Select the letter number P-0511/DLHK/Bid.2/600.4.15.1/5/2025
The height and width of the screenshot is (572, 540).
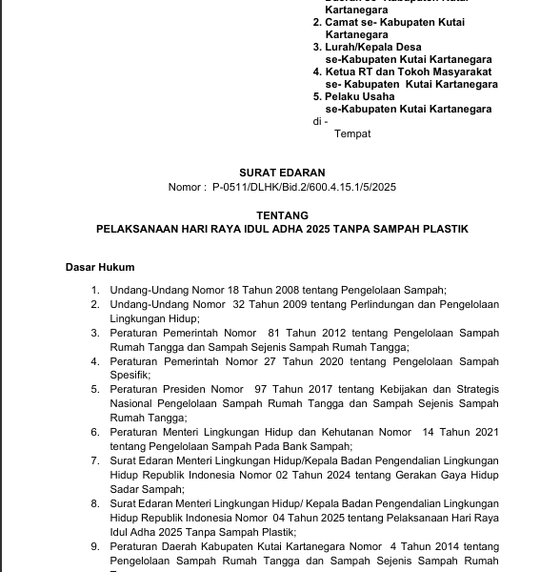point(303,188)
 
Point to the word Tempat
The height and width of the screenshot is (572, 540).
point(352,134)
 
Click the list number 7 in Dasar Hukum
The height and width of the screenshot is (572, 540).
point(95,461)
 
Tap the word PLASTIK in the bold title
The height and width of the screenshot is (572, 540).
point(447,231)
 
